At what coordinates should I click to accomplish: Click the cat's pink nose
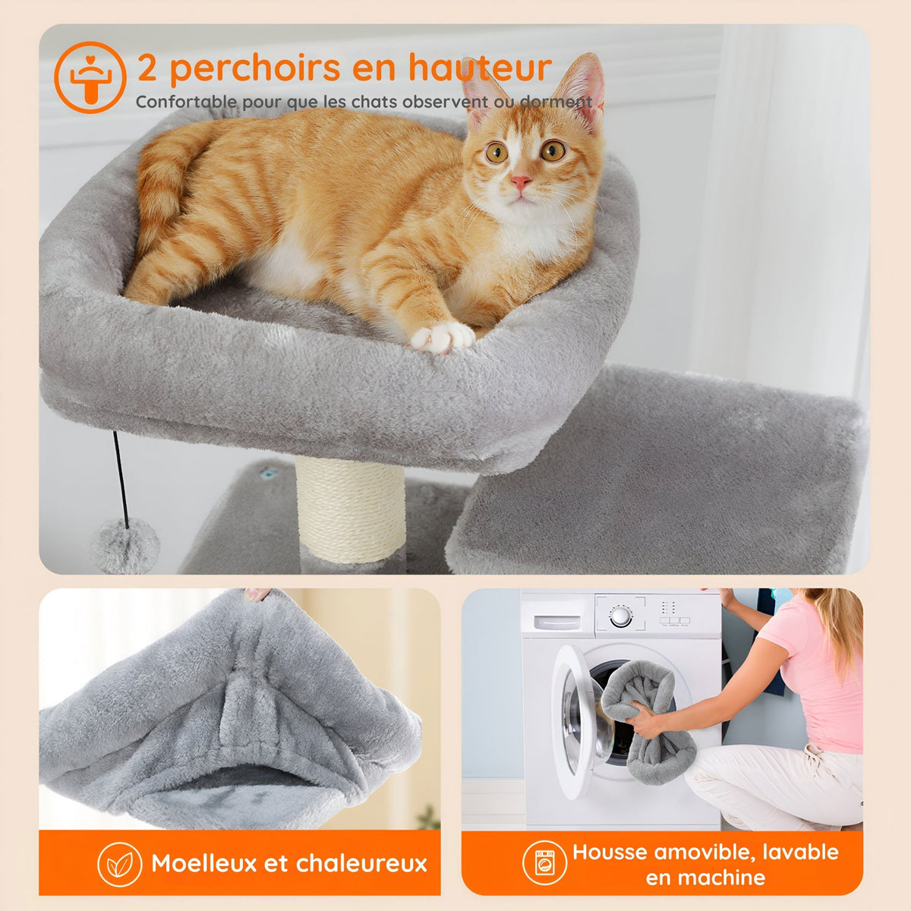tap(520, 182)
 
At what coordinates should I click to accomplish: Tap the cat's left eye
tap(496, 153)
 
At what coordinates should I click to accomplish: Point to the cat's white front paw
tap(443, 337)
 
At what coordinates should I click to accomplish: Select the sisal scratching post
tap(350, 509)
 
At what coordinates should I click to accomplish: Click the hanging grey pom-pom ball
tap(125, 544)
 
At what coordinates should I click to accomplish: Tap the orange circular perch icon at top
tap(90, 77)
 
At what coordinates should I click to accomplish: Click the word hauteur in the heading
tap(480, 68)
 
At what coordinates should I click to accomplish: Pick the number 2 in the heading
tap(147, 69)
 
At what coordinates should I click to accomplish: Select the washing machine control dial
tap(621, 616)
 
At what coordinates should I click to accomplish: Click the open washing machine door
tap(580, 721)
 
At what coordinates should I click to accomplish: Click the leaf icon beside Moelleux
tap(119, 864)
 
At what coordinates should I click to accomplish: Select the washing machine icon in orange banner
tap(544, 863)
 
